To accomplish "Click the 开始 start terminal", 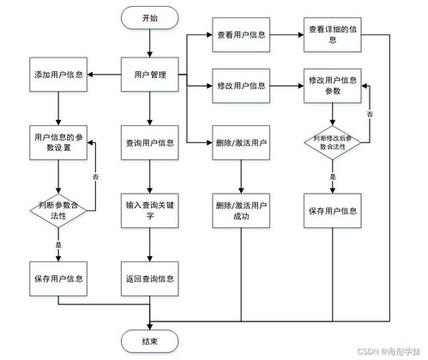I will (150, 17).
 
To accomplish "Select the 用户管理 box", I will (150, 75).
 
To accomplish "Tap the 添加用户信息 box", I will (58, 75).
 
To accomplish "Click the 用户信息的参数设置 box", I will (58, 143).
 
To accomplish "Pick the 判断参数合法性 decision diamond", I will (58, 210).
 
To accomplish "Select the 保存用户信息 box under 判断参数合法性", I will (58, 279).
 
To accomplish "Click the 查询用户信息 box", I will (150, 143).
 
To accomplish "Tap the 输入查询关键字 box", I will (150, 210).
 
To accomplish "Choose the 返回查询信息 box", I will (150, 279).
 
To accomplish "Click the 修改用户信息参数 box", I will (332, 86).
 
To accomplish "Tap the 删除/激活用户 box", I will (241, 143).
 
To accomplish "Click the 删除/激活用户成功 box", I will (241, 210).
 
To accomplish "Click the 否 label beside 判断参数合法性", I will (95, 177).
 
